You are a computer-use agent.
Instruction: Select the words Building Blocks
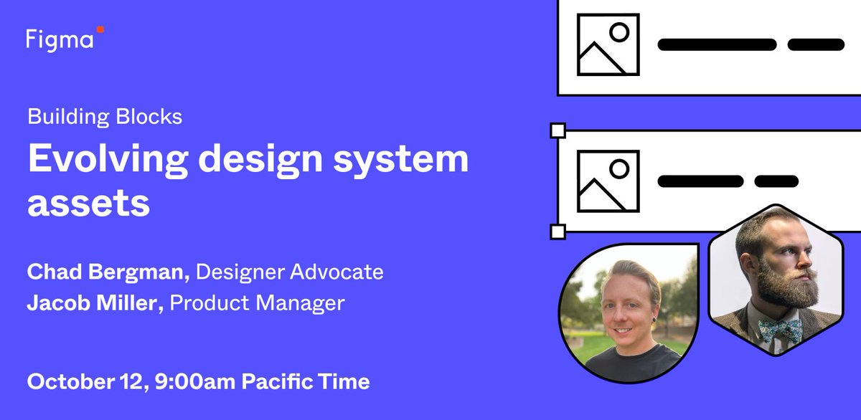pyautogui.click(x=105, y=116)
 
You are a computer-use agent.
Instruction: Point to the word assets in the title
pyautogui.click(x=88, y=204)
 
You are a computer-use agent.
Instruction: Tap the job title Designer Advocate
pyautogui.click(x=290, y=272)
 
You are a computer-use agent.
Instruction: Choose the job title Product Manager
pyautogui.click(x=258, y=303)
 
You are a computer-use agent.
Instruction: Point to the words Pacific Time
pyautogui.click(x=305, y=381)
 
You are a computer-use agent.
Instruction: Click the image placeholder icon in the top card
pyautogui.click(x=608, y=44)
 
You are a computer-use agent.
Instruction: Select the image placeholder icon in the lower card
pyautogui.click(x=608, y=181)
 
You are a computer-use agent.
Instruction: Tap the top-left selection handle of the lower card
pyautogui.click(x=557, y=130)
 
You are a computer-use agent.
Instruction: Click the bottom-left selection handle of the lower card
pyautogui.click(x=557, y=232)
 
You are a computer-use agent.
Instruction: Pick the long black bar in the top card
pyautogui.click(x=717, y=44)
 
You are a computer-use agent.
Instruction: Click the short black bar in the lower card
pyautogui.click(x=776, y=181)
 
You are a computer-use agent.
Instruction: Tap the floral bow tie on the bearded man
pyautogui.click(x=781, y=331)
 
